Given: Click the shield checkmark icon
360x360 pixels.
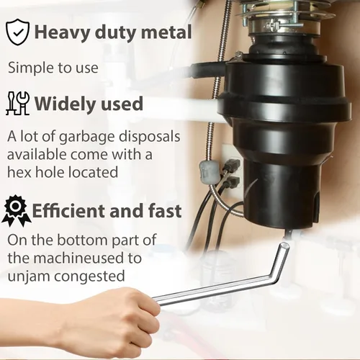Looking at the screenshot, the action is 17,32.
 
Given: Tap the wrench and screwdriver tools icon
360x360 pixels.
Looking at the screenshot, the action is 18,103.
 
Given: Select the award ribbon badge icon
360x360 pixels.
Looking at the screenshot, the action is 17,211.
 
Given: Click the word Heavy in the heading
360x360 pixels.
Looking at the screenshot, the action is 62,32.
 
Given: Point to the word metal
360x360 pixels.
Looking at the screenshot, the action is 166,32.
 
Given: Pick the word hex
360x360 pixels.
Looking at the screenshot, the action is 19,172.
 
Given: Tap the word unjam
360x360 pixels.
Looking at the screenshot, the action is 29,276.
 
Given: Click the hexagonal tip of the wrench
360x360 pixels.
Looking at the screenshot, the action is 285,246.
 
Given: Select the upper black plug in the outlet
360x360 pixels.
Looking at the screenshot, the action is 232,165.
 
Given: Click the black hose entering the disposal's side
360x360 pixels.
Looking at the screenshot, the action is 207,70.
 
